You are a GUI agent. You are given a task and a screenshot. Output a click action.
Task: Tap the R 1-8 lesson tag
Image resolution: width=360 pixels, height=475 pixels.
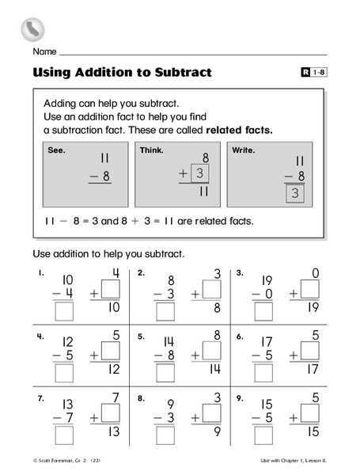tap(310, 73)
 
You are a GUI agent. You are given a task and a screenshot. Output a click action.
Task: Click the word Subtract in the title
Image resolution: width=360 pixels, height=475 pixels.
tap(183, 73)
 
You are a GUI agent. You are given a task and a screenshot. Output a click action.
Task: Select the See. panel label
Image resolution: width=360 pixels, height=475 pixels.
tap(56, 150)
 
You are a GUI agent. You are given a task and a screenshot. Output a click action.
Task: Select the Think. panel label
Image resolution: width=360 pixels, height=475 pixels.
tap(151, 150)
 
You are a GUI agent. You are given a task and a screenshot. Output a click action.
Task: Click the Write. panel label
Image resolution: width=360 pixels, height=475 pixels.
tap(243, 150)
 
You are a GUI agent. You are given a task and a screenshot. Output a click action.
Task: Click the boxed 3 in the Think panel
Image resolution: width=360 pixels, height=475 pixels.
tap(201, 173)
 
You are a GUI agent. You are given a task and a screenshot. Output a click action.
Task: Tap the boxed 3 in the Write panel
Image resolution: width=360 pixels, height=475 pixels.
tap(295, 193)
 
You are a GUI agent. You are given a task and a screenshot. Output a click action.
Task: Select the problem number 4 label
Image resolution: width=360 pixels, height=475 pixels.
tap(38, 336)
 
